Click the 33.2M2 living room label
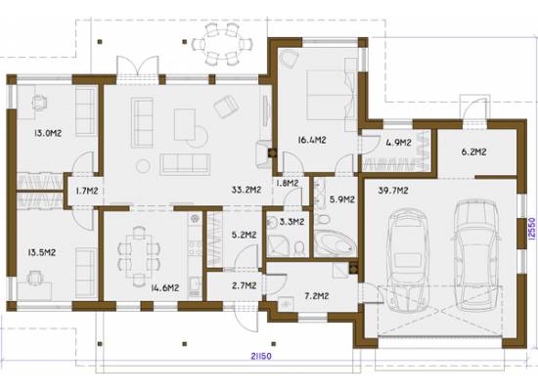click(246, 190)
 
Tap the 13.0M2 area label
click(48, 133)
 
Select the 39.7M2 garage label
click(393, 191)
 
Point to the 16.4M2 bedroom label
click(311, 140)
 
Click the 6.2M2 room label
click(473, 152)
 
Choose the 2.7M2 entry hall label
click(244, 285)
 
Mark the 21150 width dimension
click(261, 357)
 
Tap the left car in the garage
click(407, 261)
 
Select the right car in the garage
click(475, 255)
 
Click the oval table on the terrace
click(222, 44)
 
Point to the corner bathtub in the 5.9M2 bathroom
click(336, 242)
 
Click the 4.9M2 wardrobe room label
click(398, 143)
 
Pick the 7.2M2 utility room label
click(317, 295)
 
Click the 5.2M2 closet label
click(244, 235)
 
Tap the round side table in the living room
click(143, 166)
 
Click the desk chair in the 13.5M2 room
click(35, 278)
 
